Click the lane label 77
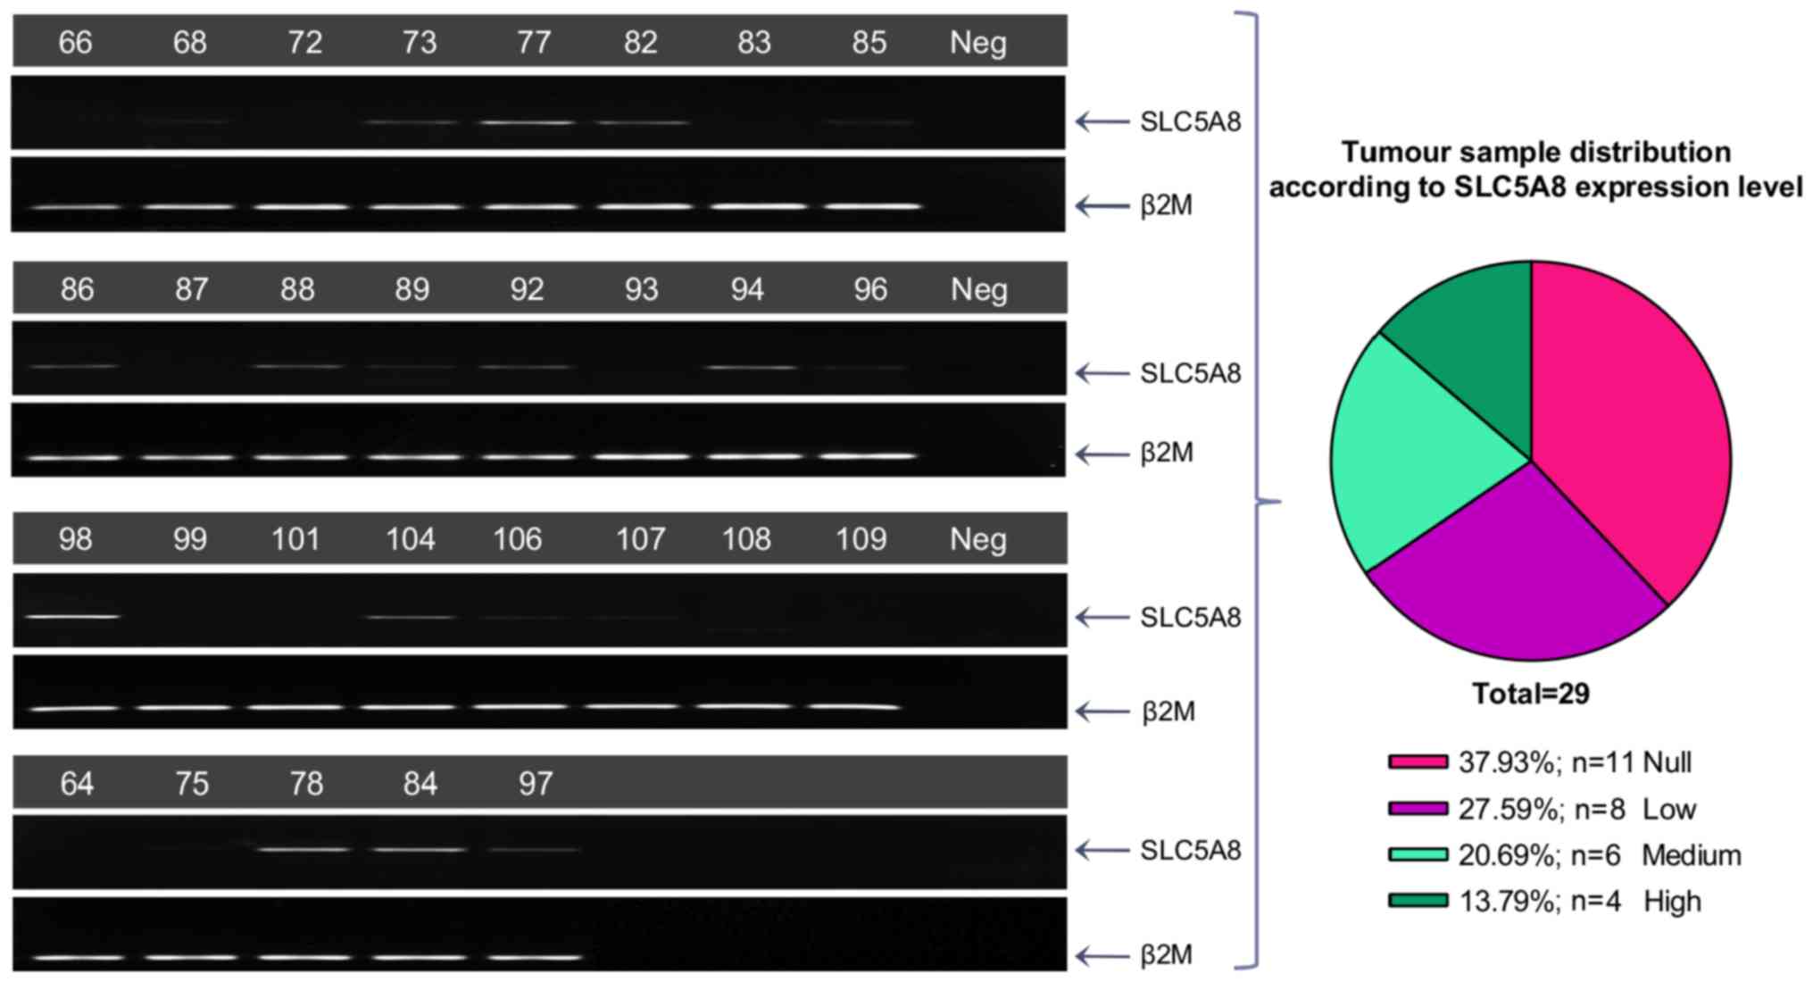coord(533,42)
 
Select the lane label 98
coord(75,539)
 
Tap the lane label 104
coord(410,539)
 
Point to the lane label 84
coord(420,784)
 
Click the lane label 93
coord(641,289)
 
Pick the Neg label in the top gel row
coord(977,42)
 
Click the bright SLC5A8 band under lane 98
coord(73,616)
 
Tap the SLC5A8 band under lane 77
coord(528,122)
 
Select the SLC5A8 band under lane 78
coord(304,849)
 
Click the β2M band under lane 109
coord(854,707)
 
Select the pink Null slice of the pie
coord(1634,429)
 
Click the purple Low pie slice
coord(1518,571)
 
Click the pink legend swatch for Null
coord(1418,761)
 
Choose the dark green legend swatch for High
coord(1418,901)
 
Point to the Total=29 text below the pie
coord(1531,694)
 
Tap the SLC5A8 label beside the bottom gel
coord(1190,850)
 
